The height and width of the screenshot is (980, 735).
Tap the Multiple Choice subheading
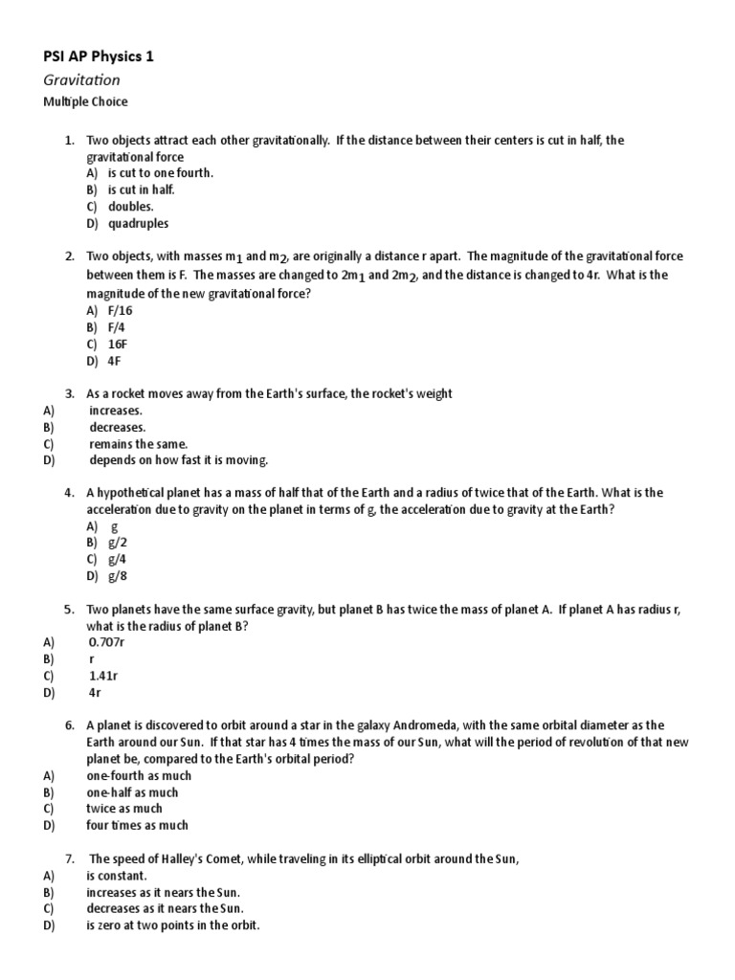click(x=87, y=101)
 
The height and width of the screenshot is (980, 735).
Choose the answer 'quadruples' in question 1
click(x=138, y=223)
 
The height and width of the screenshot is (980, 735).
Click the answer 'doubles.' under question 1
click(x=131, y=206)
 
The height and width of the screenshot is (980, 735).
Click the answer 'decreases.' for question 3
click(x=118, y=427)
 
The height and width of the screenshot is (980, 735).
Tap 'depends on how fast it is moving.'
click(x=179, y=460)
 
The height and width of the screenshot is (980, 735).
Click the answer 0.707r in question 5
click(x=107, y=642)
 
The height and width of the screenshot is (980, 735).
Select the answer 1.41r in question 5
click(x=103, y=676)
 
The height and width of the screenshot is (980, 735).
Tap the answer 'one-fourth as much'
click(x=139, y=775)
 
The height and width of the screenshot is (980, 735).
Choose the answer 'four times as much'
click(x=137, y=825)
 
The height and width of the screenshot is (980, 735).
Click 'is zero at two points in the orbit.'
click(x=172, y=925)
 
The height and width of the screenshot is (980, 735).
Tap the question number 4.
click(x=70, y=492)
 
